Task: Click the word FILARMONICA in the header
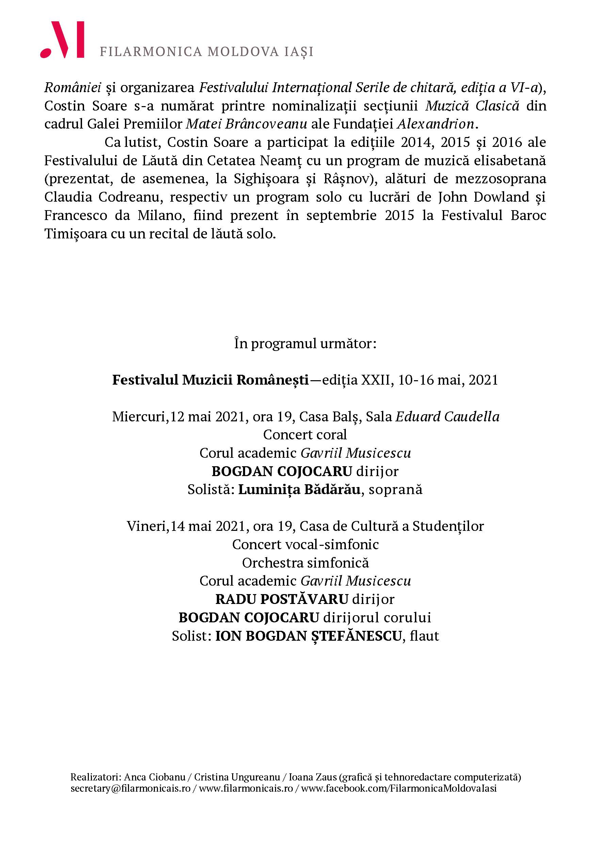[x=151, y=52]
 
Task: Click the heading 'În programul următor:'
[x=305, y=343]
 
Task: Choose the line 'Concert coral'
[x=305, y=435]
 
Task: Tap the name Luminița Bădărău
[x=299, y=490]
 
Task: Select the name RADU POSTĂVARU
[x=282, y=599]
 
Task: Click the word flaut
[x=424, y=636]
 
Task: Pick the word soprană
[x=396, y=490]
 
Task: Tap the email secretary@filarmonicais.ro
[x=130, y=788]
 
